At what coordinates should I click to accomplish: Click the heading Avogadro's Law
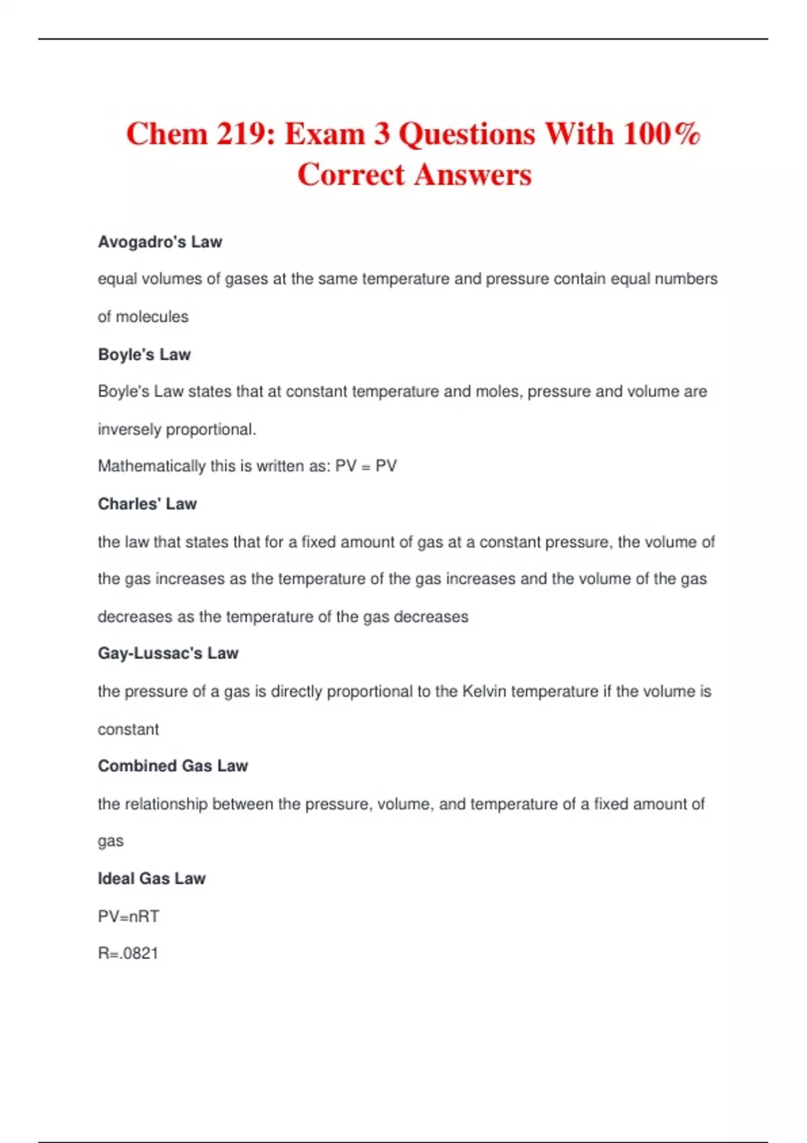[x=160, y=242]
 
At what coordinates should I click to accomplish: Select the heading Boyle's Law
[x=145, y=354]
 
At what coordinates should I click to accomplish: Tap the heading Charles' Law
[x=147, y=504]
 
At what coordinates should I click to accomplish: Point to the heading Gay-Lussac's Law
[x=168, y=653]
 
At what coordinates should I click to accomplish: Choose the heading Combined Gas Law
[x=173, y=766]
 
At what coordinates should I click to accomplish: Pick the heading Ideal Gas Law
[x=151, y=878]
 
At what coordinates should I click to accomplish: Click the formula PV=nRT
[x=128, y=916]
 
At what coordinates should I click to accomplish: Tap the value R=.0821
[x=128, y=953]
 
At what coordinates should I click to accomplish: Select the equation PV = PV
[x=366, y=466]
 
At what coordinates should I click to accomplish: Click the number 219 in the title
[x=241, y=134]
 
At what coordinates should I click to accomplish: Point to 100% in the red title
[x=662, y=134]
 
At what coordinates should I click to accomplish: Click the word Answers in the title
[x=473, y=175]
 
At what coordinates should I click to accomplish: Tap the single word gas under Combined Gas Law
[x=110, y=842]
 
